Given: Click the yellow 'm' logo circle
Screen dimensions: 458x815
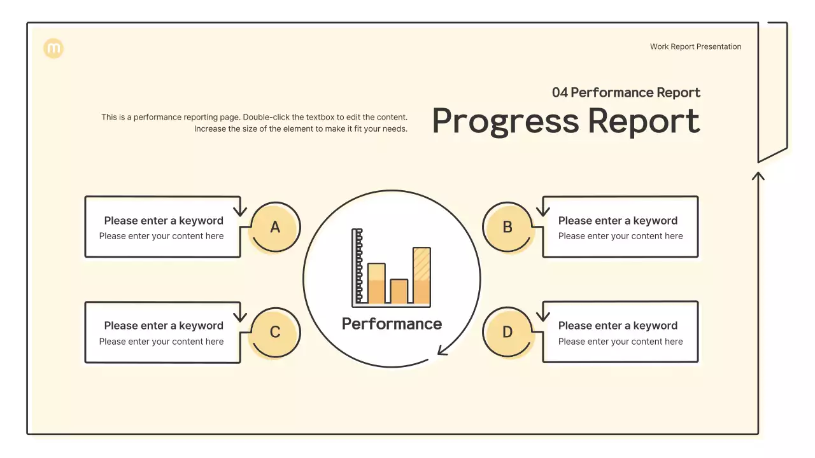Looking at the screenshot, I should point(54,48).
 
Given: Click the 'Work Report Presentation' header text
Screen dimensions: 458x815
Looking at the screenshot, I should point(695,46).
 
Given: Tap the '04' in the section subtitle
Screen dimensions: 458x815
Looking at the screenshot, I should point(559,93).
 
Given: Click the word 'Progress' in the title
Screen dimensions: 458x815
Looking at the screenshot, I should point(506,121).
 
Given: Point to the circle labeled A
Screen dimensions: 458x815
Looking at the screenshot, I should point(275,227).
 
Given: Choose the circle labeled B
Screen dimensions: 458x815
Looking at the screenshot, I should point(507,227).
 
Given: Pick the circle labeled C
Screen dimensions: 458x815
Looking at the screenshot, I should point(275,332).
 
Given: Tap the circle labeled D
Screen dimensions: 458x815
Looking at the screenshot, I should point(507,332).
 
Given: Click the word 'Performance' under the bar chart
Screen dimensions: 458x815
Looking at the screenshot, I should point(392,324).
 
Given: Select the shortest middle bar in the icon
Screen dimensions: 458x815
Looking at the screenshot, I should point(399,291).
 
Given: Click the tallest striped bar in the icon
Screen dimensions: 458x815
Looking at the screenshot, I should point(422,275).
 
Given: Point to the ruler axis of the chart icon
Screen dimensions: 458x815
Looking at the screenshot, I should point(358,267).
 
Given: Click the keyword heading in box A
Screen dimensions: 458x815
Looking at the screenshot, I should point(164,221).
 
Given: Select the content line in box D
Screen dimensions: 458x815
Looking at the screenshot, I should point(620,342).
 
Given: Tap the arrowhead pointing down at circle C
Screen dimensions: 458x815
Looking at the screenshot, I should point(239,316).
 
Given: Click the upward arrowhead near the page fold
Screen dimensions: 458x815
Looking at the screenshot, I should point(758,175).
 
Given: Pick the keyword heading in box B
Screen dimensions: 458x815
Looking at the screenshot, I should point(618,221).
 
